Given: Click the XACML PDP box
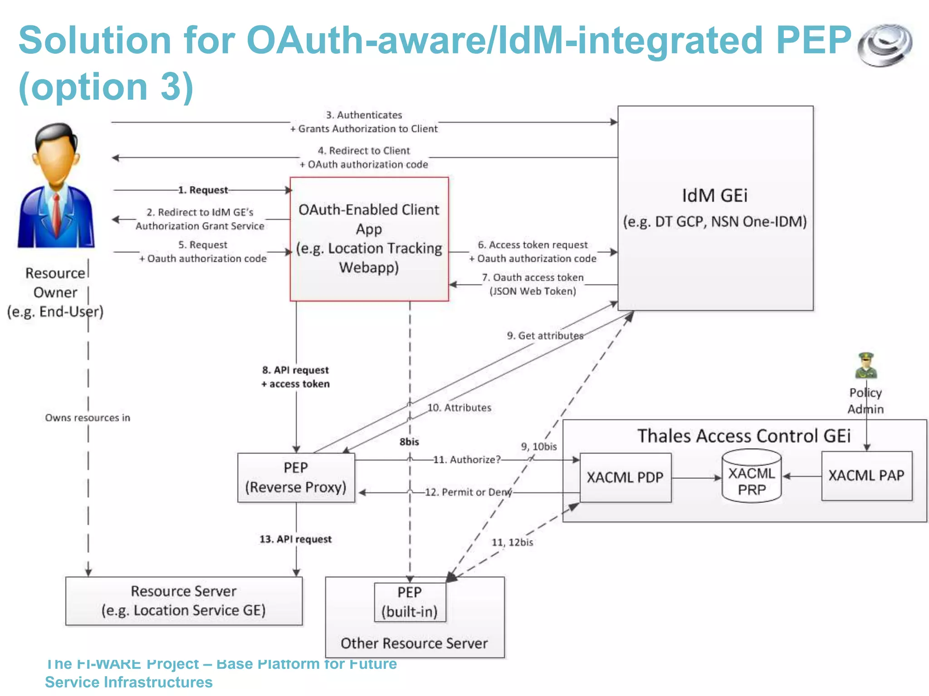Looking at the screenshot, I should pos(625,478).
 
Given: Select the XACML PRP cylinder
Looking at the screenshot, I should pos(751,476).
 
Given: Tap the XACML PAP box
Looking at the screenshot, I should pos(866,475).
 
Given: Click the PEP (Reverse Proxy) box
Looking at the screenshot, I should pos(296,478).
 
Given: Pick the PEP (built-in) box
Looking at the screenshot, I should pos(410,602).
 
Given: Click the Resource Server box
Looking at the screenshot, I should pos(184,601).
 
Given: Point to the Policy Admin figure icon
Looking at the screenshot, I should pos(866,366).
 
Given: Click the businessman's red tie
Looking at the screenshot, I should pos(57,213).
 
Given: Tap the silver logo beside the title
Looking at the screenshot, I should pos(885,45).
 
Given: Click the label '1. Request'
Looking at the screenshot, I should pos(203,190).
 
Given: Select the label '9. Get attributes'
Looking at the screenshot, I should pos(545,336).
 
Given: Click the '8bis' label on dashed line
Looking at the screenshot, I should pos(409,442).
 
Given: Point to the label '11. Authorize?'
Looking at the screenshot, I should pos(467,459).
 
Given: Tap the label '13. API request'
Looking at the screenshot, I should pos(296,539).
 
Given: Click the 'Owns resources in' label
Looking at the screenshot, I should pos(88,418).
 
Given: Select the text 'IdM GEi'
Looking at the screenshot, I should pos(715,196).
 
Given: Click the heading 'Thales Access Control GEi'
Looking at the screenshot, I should pos(744,436).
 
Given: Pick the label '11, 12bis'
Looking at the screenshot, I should pos(512,542).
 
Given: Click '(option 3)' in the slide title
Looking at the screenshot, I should pos(106,86).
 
